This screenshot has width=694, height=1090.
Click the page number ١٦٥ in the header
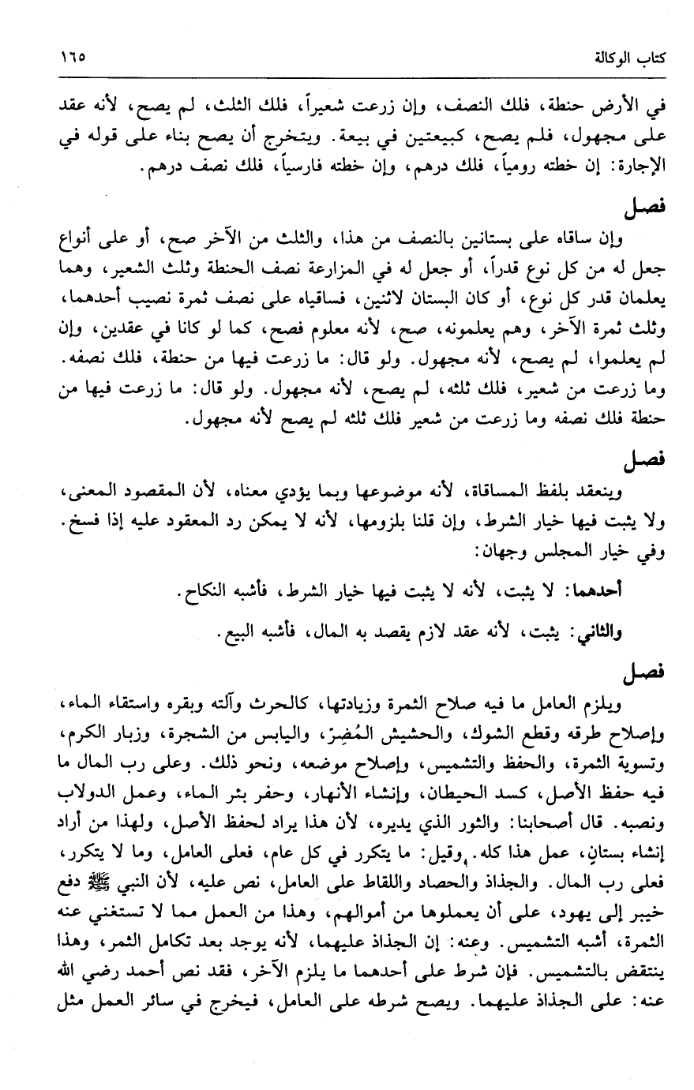tap(72, 58)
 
